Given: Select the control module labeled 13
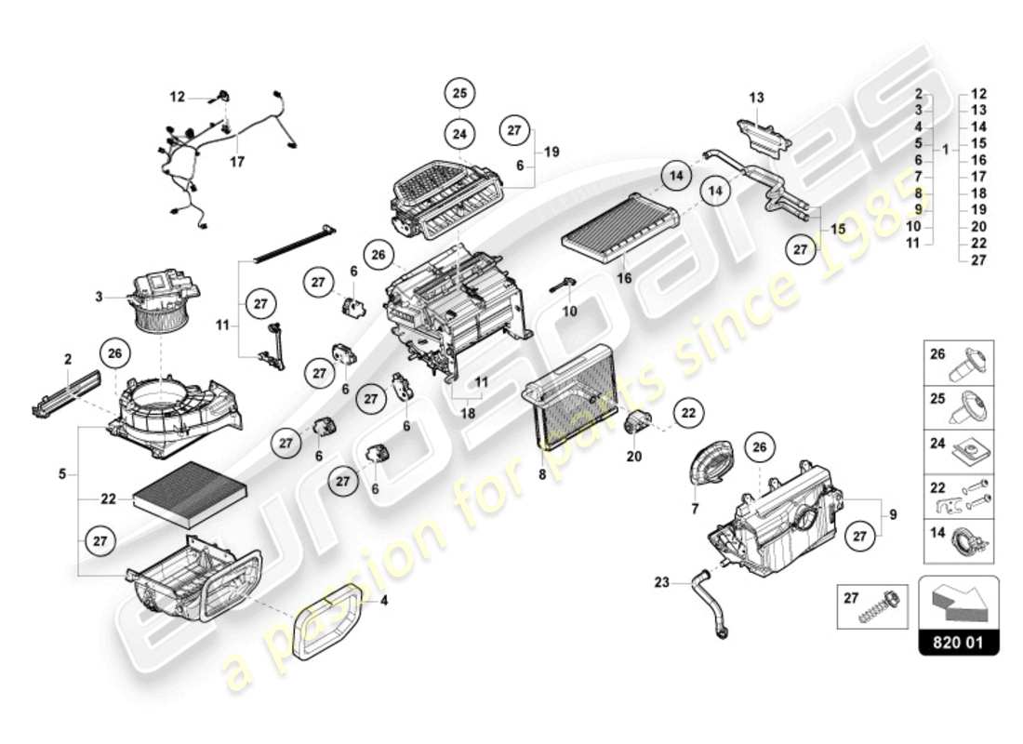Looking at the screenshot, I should point(764,137).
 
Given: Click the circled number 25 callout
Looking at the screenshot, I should point(459,93).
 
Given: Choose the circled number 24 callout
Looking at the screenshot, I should point(459,134).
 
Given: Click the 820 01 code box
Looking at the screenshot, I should point(958,642).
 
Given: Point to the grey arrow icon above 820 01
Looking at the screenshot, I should point(958,601).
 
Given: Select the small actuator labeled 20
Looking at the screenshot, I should point(640,423).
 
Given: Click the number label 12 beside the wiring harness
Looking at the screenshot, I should point(178,96).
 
